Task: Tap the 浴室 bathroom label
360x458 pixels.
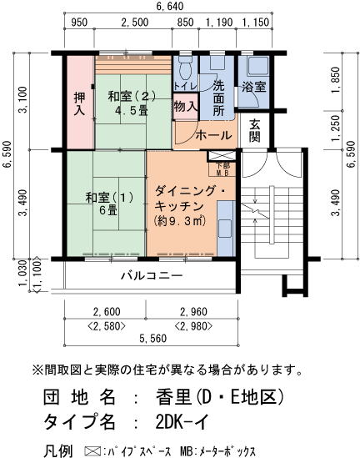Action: pos(253,87)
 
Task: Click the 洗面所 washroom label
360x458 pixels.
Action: pos(218,98)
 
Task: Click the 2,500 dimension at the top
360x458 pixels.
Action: pos(135,23)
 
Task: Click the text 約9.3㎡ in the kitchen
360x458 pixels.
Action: pos(179,221)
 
